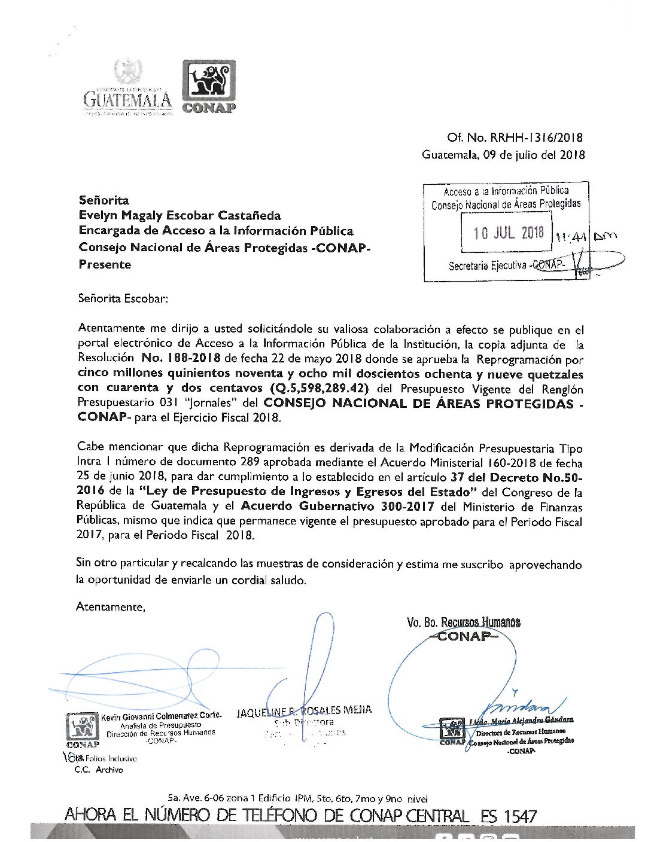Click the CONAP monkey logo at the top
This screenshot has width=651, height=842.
(x=209, y=86)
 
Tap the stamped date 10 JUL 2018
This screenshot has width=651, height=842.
(x=508, y=233)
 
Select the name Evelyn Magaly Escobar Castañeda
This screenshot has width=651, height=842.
(x=180, y=216)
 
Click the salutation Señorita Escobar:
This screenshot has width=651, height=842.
(x=123, y=298)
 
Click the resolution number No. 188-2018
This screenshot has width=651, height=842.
(x=181, y=358)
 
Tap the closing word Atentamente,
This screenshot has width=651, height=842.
(x=111, y=607)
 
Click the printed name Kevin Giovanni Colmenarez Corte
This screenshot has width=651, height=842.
(x=161, y=715)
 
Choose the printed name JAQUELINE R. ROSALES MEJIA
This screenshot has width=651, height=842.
(x=304, y=711)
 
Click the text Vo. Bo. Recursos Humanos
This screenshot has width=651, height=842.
(x=463, y=623)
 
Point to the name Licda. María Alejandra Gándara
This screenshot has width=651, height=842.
(x=521, y=721)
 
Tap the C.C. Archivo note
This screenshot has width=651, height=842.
(x=99, y=770)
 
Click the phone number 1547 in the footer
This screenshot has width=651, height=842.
(x=520, y=816)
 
